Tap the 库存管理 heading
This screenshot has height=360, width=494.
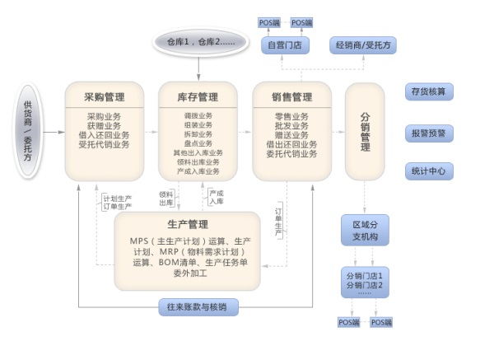[198, 96]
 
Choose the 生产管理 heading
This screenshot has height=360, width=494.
[186, 223]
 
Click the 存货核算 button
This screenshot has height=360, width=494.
[428, 92]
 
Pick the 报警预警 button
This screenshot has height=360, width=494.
[428, 133]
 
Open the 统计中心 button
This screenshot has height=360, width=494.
[428, 171]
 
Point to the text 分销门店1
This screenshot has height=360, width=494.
[365, 274]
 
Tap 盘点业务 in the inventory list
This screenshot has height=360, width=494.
[198, 143]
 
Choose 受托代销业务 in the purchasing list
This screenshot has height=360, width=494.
[104, 144]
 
